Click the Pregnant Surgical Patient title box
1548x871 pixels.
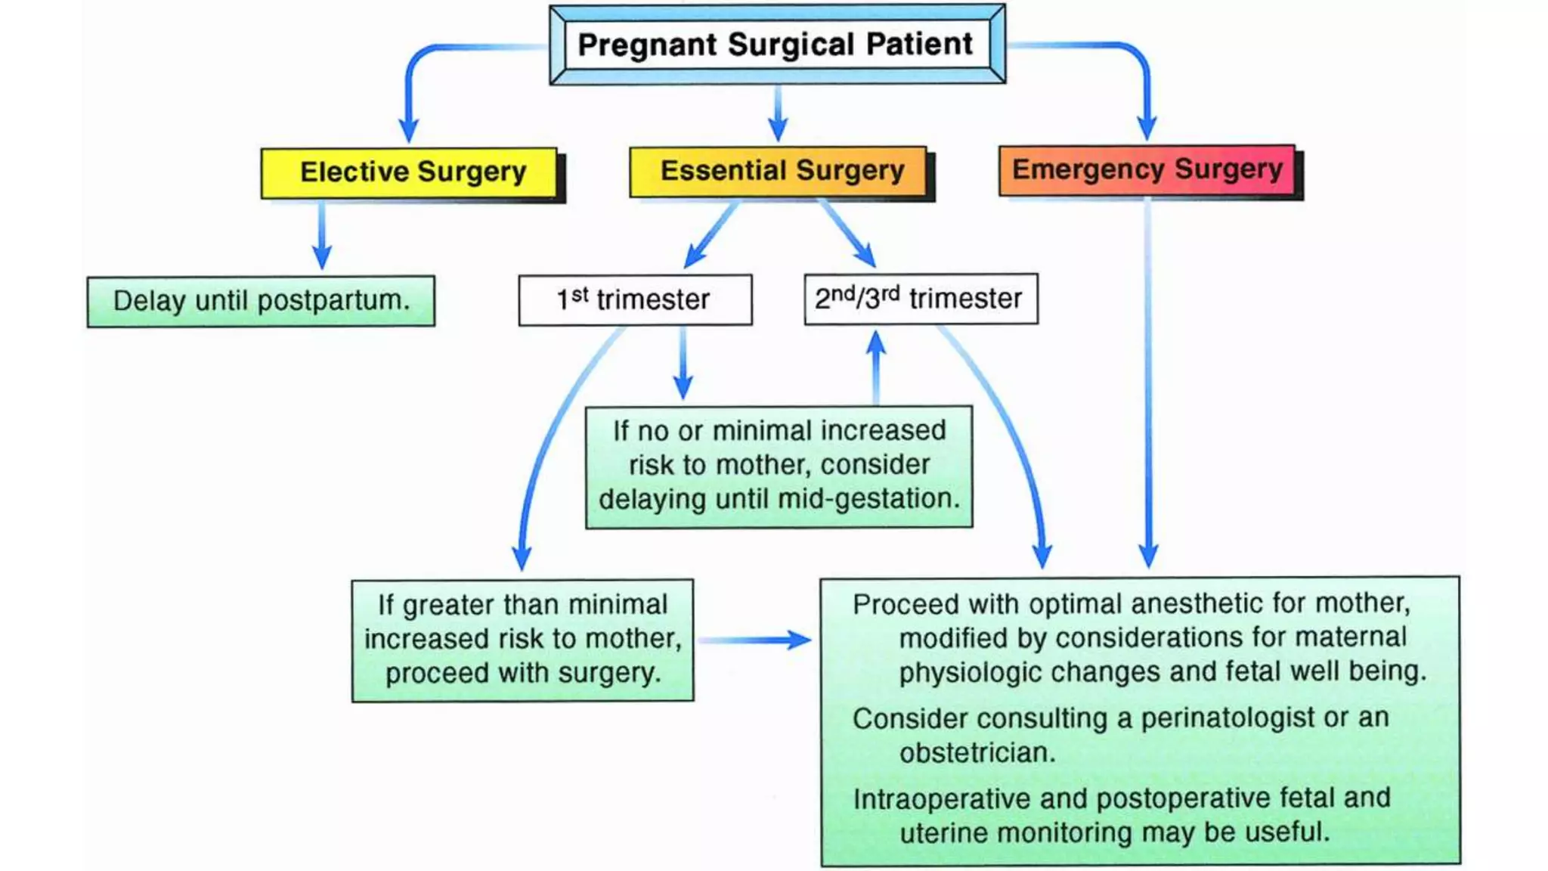pos(776,45)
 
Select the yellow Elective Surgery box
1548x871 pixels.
pos(412,172)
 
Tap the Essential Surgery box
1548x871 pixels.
pos(781,171)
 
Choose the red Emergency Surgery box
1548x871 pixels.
pos(1147,169)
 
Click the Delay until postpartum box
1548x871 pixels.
pos(261,301)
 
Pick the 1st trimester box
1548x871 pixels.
pos(634,299)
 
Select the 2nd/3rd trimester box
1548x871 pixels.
pos(920,299)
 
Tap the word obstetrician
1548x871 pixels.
pos(977,753)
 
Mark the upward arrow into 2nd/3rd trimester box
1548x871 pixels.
pos(876,367)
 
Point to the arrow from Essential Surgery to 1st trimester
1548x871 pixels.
pos(711,235)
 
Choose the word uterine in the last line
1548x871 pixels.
pos(943,832)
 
